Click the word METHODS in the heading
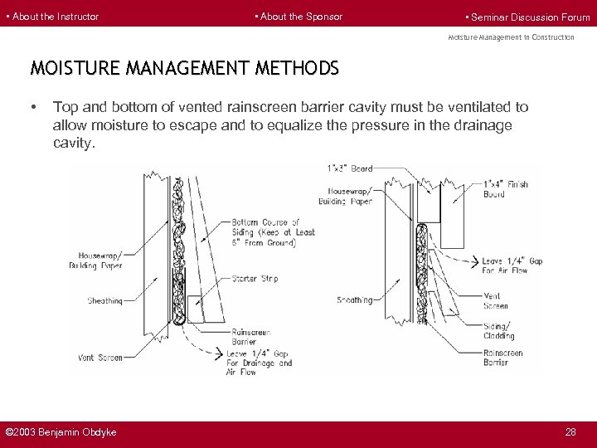pos(291,68)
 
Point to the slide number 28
pos(570,432)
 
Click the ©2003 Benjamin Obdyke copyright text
pos(61,432)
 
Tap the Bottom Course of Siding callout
pos(273,232)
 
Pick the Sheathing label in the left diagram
pos(104,300)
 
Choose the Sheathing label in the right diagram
pos(354,299)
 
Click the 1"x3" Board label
pos(351,168)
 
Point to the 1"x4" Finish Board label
pos(505,188)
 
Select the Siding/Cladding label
pos(499,330)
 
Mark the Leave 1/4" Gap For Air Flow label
pos(512,265)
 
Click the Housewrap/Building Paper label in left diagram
pos(100,261)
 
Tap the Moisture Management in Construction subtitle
pos(511,37)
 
